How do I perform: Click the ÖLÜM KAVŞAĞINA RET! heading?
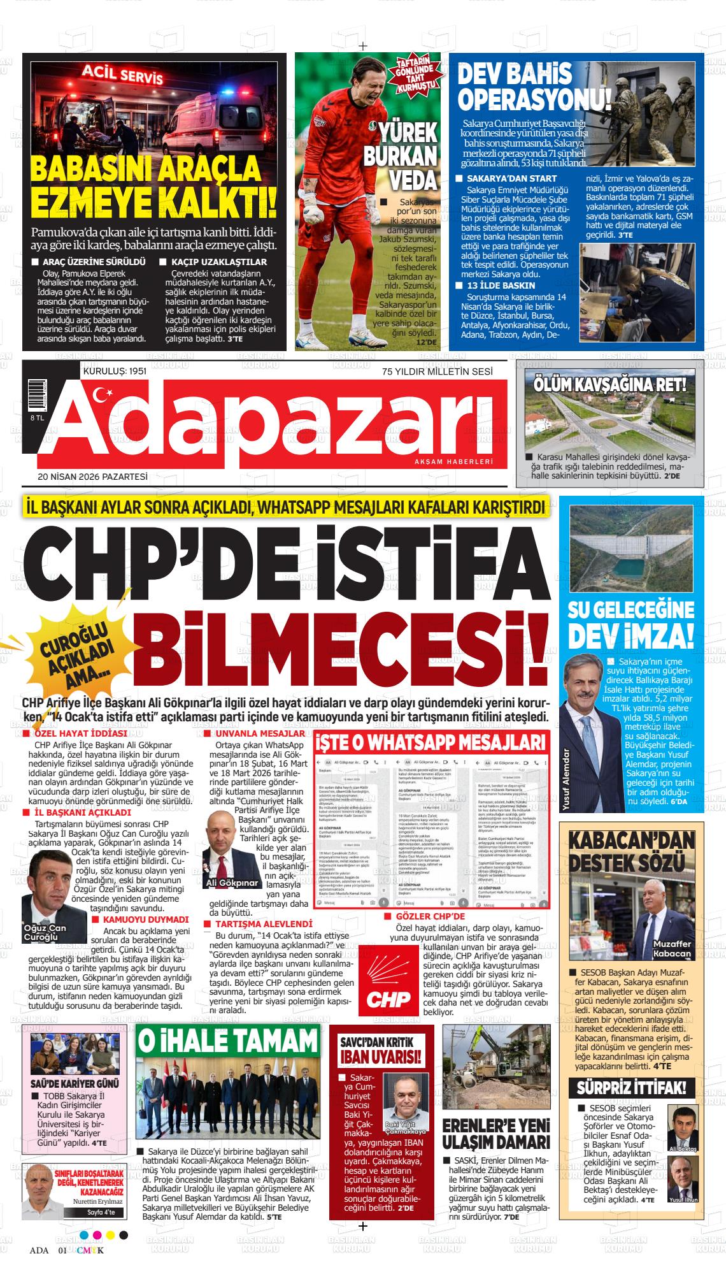click(x=610, y=384)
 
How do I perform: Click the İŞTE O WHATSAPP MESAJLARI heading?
click(x=432, y=743)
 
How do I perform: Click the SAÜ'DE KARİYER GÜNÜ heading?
click(x=75, y=1083)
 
